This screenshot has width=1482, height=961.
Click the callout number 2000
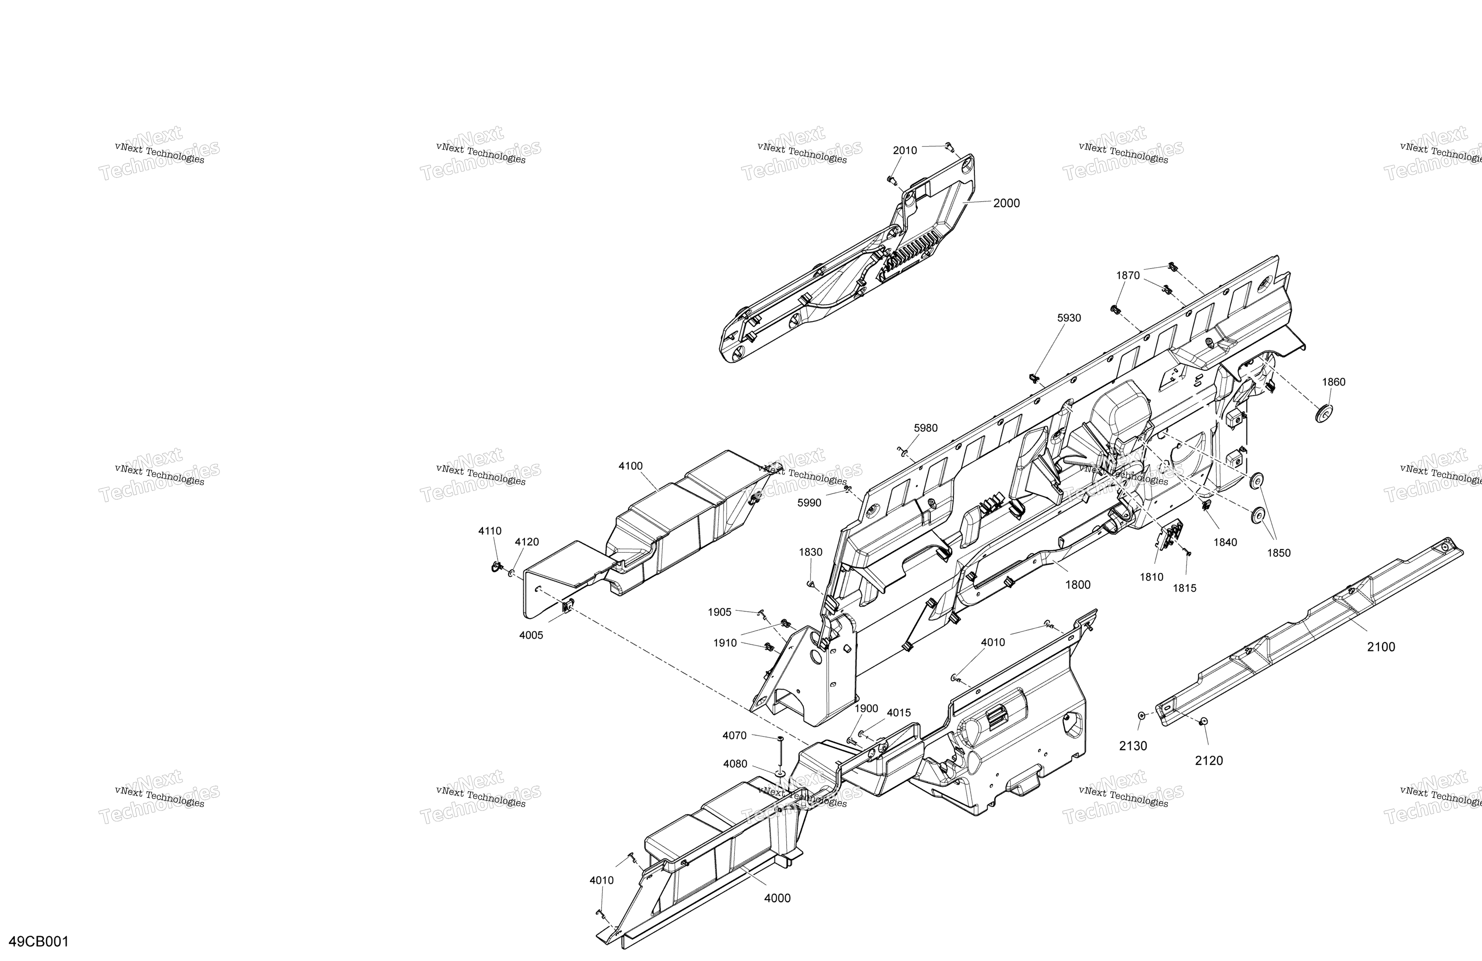click(1006, 203)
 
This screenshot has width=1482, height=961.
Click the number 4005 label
click(531, 635)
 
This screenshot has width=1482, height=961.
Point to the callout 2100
click(1381, 647)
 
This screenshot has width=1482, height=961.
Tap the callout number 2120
click(1209, 761)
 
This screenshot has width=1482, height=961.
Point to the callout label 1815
click(1184, 588)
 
